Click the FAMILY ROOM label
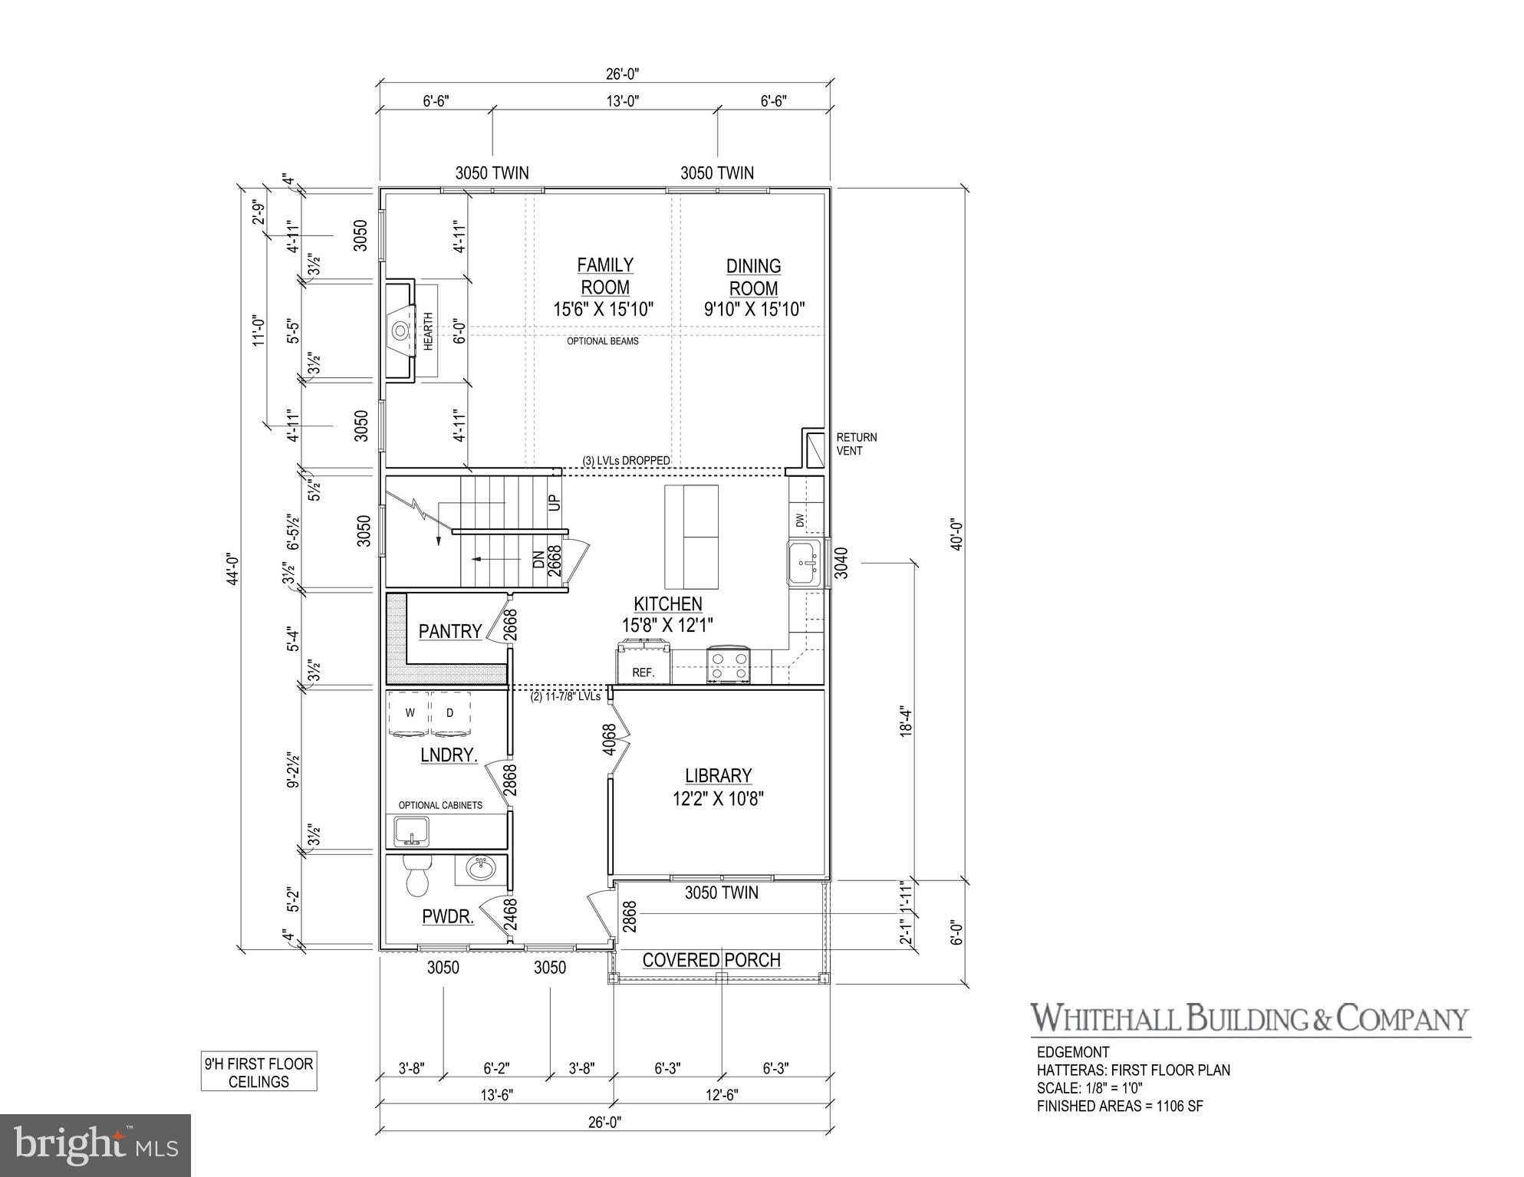click(x=604, y=276)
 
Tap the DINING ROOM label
click(x=753, y=278)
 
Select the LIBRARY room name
click(x=718, y=776)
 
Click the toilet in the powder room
click(x=418, y=876)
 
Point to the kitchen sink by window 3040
click(x=804, y=564)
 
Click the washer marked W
click(x=410, y=714)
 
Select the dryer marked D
click(x=449, y=714)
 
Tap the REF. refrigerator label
click(x=644, y=672)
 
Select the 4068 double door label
click(x=609, y=739)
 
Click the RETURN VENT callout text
click(x=856, y=444)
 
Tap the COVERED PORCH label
click(x=711, y=960)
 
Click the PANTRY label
click(x=450, y=632)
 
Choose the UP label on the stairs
click(x=555, y=502)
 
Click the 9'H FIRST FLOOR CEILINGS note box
click(x=258, y=1073)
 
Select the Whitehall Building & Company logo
click(x=1249, y=1019)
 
